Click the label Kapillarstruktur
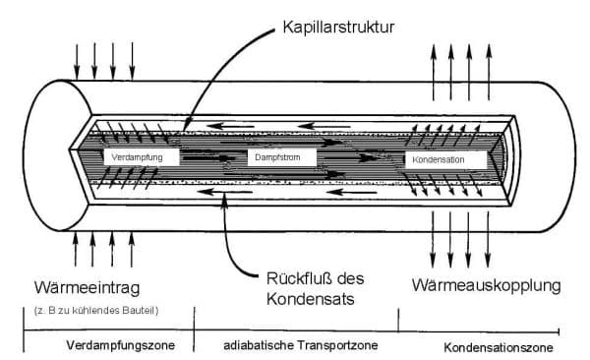(338, 28)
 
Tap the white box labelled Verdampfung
(142, 157)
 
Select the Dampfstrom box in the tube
(281, 157)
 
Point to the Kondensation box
(445, 159)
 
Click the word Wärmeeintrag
(87, 288)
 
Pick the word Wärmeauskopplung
(486, 285)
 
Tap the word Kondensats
(311, 299)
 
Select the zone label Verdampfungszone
(120, 345)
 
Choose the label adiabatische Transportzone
(301, 345)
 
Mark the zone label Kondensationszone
(499, 347)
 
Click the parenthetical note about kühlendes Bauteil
(96, 311)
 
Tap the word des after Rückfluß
(351, 278)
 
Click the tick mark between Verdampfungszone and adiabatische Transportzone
(194, 330)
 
